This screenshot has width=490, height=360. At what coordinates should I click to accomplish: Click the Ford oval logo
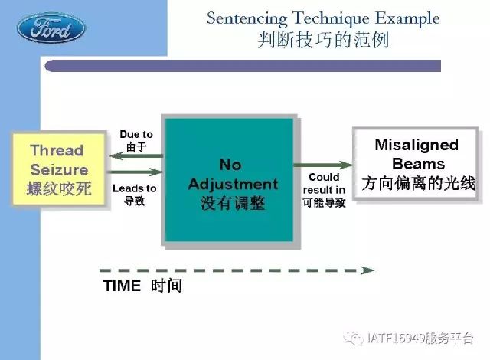click(51, 28)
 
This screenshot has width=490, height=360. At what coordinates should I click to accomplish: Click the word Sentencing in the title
click(247, 18)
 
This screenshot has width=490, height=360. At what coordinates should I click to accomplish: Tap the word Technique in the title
click(331, 18)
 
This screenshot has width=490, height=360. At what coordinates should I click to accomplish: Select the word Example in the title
click(407, 18)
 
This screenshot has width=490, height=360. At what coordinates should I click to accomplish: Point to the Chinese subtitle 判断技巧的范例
click(323, 41)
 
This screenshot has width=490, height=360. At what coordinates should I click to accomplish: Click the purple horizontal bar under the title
click(243, 66)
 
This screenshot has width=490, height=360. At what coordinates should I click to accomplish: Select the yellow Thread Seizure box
click(59, 169)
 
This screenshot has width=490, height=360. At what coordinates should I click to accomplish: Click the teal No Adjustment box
click(229, 180)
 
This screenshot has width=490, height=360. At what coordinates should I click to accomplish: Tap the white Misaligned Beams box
click(415, 164)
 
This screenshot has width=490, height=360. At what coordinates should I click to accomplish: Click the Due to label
click(136, 134)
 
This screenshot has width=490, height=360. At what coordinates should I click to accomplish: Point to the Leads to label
click(135, 188)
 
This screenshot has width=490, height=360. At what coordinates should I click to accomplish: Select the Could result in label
click(324, 183)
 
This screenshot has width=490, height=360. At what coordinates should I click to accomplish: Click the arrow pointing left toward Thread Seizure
click(136, 155)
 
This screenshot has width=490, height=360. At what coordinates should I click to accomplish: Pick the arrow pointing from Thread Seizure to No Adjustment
click(135, 172)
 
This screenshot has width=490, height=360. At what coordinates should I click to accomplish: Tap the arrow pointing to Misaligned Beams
click(323, 165)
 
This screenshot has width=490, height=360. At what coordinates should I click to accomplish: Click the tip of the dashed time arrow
click(374, 270)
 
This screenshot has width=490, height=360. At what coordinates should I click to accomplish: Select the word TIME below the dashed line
click(122, 286)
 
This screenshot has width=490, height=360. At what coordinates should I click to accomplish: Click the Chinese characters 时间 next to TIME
click(166, 286)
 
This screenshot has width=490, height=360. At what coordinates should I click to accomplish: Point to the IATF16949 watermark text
click(420, 339)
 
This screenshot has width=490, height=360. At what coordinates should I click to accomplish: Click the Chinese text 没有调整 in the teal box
click(233, 203)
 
